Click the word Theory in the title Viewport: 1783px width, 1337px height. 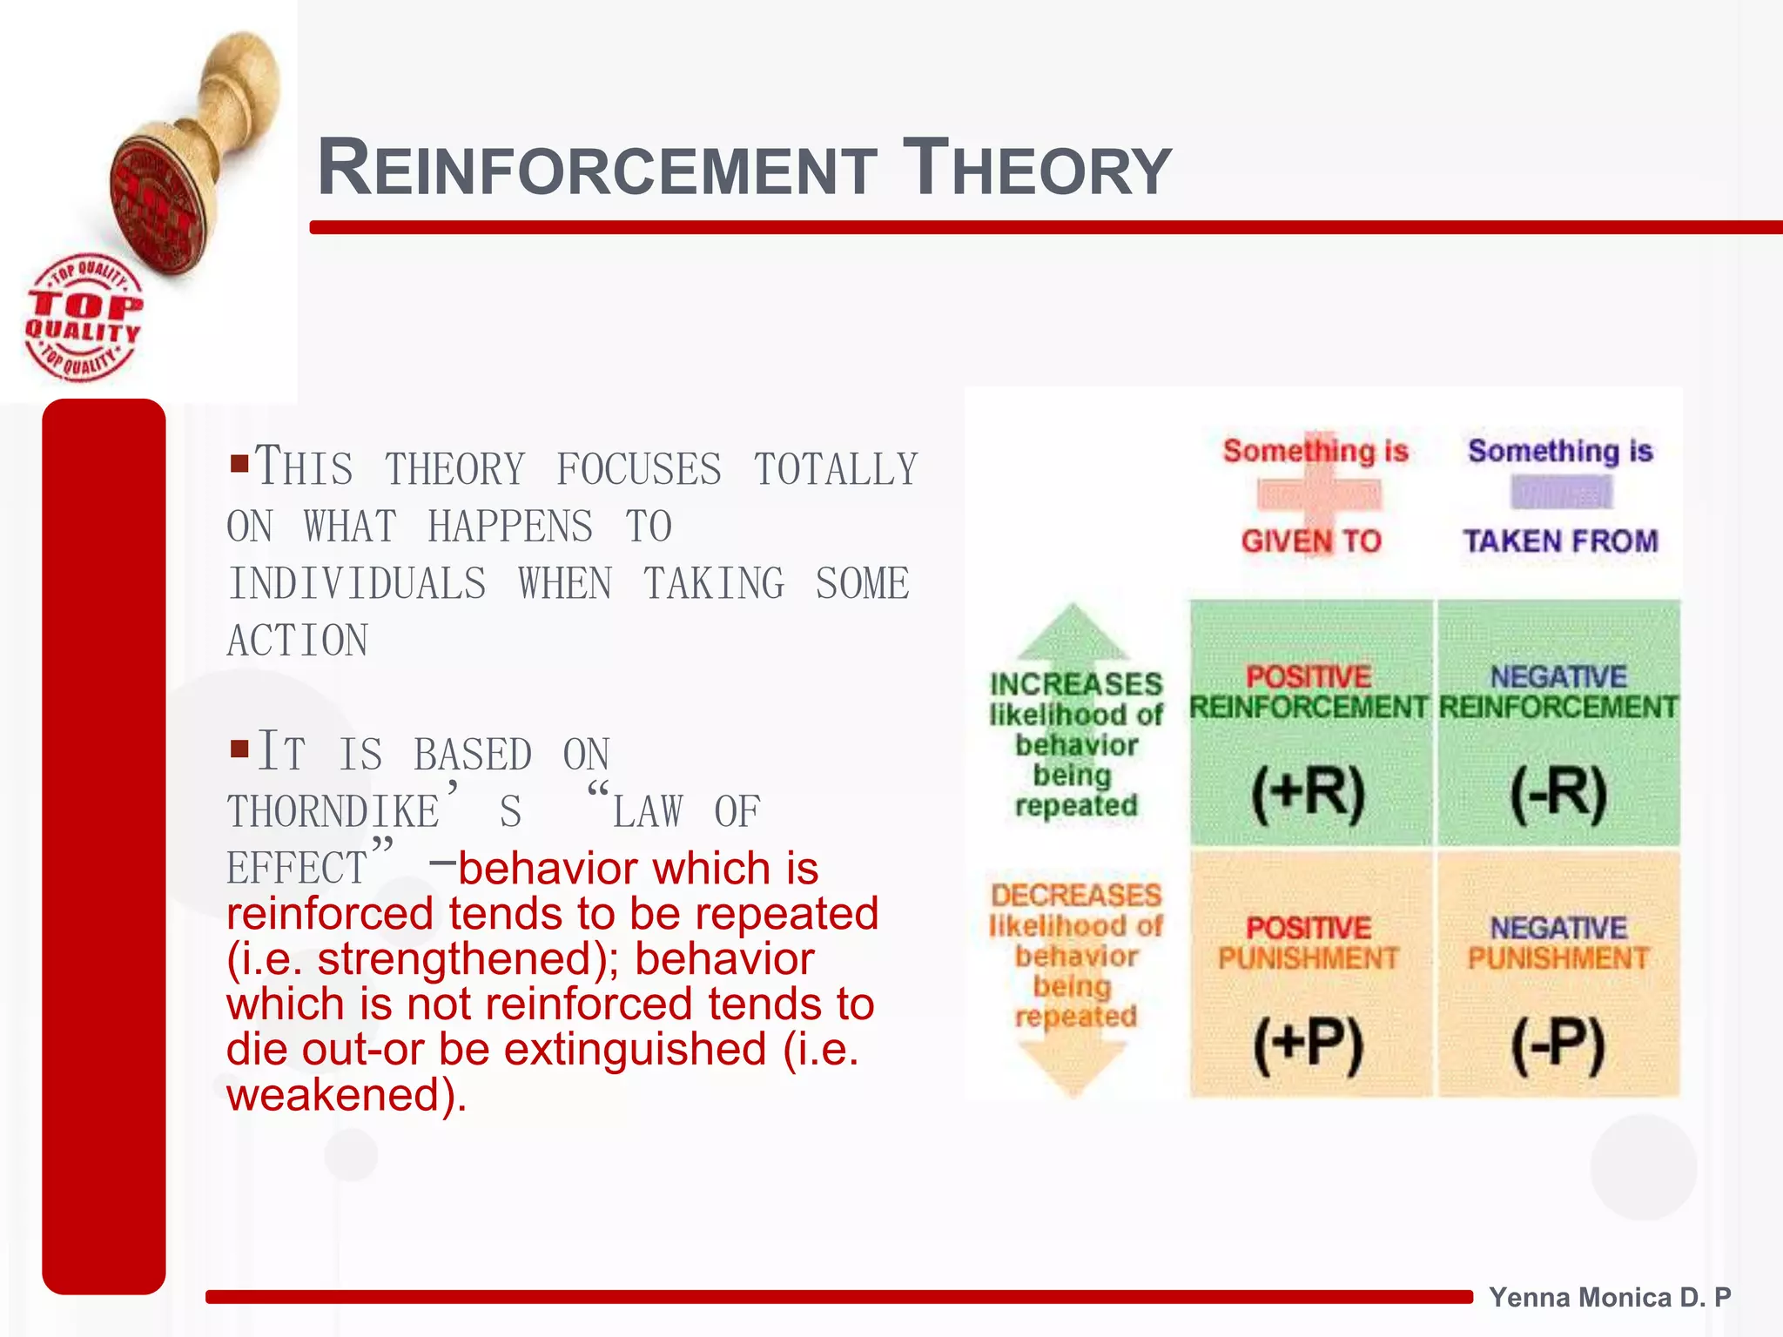(x=1036, y=169)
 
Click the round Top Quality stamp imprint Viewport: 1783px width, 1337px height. (x=82, y=318)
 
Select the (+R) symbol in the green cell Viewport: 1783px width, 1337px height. (x=1308, y=794)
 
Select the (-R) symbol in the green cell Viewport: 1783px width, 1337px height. (x=1558, y=794)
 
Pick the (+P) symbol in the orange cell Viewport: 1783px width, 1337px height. (x=1308, y=1045)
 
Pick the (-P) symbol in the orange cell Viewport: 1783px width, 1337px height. (x=1558, y=1045)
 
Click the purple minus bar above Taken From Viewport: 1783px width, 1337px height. (x=1561, y=493)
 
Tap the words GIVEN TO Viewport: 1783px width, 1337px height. (x=1311, y=541)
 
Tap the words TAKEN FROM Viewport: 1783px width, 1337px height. (x=1560, y=541)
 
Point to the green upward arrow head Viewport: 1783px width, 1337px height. (x=1073, y=631)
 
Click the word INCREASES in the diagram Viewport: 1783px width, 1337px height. (x=1076, y=684)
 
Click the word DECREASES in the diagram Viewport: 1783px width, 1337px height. (x=1076, y=895)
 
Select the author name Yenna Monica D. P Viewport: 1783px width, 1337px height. (x=1609, y=1297)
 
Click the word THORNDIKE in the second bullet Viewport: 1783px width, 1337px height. (x=334, y=812)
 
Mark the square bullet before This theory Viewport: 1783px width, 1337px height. (x=239, y=461)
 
